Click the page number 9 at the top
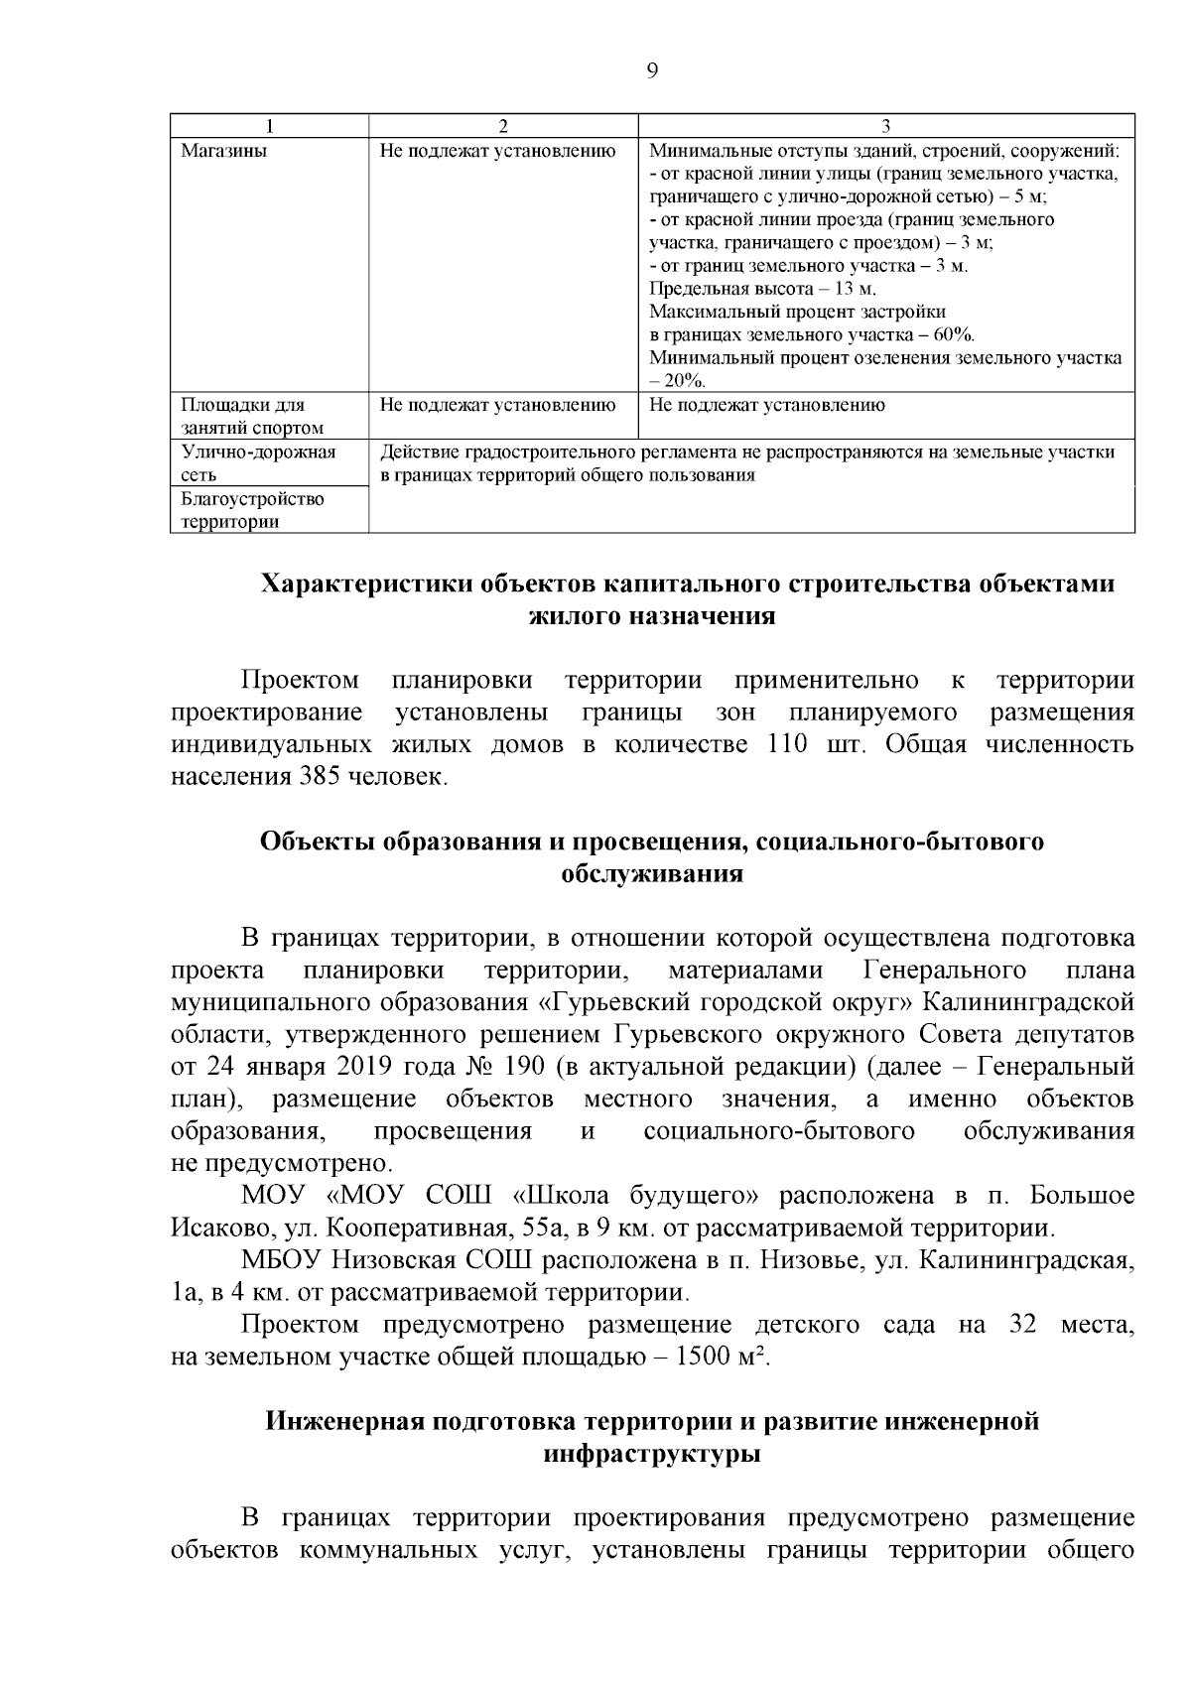coord(651,69)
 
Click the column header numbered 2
coord(502,126)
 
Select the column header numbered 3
coord(886,126)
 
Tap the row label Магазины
coord(223,152)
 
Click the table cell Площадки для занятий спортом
coord(252,417)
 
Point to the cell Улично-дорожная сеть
coord(258,463)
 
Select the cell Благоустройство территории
coord(252,510)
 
